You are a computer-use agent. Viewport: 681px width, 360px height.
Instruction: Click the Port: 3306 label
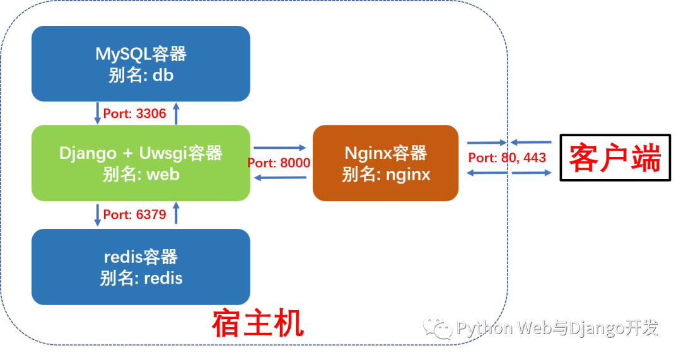pyautogui.click(x=134, y=113)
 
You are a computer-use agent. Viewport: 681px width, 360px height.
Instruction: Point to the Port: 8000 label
pyautogui.click(x=279, y=163)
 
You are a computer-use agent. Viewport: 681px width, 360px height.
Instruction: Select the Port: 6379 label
pyautogui.click(x=134, y=215)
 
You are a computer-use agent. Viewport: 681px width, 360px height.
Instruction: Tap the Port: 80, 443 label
pyautogui.click(x=506, y=158)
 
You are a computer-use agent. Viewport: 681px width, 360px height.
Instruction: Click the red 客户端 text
pyautogui.click(x=614, y=158)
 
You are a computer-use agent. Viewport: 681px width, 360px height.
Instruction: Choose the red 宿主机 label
pyautogui.click(x=258, y=323)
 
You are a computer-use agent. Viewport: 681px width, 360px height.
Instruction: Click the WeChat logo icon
pyautogui.click(x=437, y=326)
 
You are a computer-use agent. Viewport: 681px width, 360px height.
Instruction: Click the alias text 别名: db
pyautogui.click(x=141, y=75)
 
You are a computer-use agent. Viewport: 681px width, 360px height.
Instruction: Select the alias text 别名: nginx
pyautogui.click(x=386, y=174)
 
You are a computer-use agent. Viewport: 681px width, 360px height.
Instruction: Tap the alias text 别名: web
pyautogui.click(x=141, y=174)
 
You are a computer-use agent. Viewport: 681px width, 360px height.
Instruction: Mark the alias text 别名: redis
pyautogui.click(x=141, y=278)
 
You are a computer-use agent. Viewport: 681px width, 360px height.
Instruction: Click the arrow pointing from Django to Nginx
pyautogui.click(x=279, y=148)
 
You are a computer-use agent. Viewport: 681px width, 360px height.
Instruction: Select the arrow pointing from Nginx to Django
pyautogui.click(x=279, y=178)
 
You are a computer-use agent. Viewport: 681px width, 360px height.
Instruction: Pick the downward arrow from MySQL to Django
pyautogui.click(x=98, y=113)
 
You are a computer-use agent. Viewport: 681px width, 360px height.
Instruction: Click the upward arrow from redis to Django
pyautogui.click(x=177, y=214)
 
